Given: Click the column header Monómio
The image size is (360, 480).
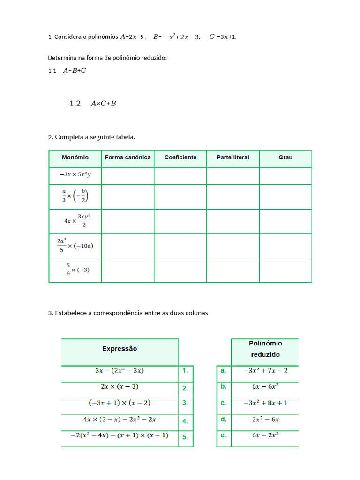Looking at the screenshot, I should click(x=75, y=157).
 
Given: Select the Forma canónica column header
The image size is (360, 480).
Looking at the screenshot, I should click(x=127, y=157).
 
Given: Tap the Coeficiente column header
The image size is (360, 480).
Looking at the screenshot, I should click(x=180, y=157).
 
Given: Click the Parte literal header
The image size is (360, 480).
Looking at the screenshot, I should click(x=233, y=157).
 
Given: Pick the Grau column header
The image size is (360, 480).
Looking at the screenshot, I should click(x=285, y=157).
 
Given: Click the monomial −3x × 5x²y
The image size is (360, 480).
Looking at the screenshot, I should click(x=75, y=175).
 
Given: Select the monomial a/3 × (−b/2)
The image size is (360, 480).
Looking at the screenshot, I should click(x=75, y=195).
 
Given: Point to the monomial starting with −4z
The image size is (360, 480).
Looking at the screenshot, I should click(x=75, y=220).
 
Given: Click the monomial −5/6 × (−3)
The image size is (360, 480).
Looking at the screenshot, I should click(x=75, y=270).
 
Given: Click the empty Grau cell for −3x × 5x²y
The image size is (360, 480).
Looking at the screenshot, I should click(x=285, y=176).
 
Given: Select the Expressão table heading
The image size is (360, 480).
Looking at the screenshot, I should click(x=120, y=349).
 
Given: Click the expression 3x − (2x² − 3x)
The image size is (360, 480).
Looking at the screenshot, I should click(x=120, y=370).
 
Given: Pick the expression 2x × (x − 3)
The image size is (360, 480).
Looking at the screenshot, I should click(x=120, y=387).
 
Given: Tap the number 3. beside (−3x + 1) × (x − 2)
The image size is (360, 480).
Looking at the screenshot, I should click(x=185, y=403).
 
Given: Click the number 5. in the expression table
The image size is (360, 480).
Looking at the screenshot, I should click(x=185, y=437).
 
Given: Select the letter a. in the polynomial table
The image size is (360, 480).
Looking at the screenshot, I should click(x=223, y=370).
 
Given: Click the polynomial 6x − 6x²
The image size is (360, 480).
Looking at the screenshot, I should click(x=265, y=386).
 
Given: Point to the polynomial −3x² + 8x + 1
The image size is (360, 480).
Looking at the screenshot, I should click(x=265, y=403).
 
